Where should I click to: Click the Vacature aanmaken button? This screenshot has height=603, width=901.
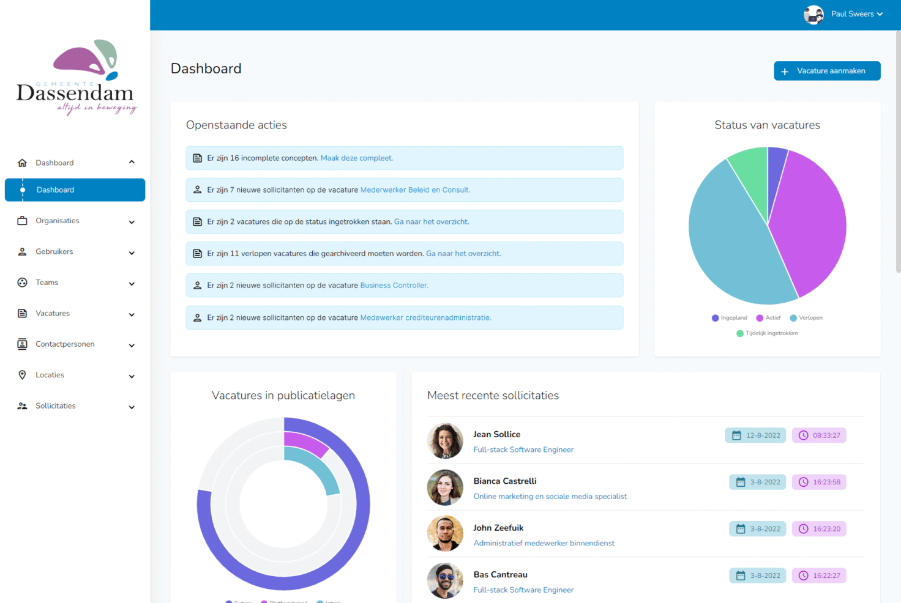pyautogui.click(x=826, y=71)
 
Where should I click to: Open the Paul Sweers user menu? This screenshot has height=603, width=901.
pyautogui.click(x=844, y=14)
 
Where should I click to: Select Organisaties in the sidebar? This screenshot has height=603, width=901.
pyautogui.click(x=58, y=221)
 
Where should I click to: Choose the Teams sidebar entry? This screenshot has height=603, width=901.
pyautogui.click(x=47, y=283)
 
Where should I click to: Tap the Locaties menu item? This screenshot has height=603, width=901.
pyautogui.click(x=50, y=375)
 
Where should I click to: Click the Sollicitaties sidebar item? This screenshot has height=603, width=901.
pyautogui.click(x=56, y=406)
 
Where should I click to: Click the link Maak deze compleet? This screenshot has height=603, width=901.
pyautogui.click(x=357, y=158)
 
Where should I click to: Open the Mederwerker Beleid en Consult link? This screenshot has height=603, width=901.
pyautogui.click(x=415, y=190)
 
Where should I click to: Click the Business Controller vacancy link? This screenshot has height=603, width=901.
pyautogui.click(x=394, y=286)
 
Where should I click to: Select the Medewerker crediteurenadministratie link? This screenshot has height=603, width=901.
pyautogui.click(x=425, y=318)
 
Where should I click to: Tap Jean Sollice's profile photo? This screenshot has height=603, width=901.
pyautogui.click(x=445, y=441)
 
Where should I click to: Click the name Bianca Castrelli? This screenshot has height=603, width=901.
pyautogui.click(x=505, y=481)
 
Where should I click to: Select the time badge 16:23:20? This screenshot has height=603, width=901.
pyautogui.click(x=819, y=529)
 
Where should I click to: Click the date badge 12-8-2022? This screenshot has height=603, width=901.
pyautogui.click(x=755, y=435)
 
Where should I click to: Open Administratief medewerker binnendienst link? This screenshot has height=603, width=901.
pyautogui.click(x=544, y=543)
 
